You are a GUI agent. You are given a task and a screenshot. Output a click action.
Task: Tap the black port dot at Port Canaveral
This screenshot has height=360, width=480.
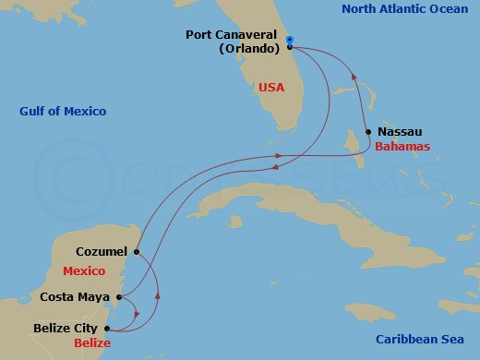[289, 46]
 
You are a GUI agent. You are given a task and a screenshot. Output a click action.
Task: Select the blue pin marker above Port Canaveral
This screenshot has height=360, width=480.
[289, 39]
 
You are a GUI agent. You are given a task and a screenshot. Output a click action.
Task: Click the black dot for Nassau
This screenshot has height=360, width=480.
[368, 132]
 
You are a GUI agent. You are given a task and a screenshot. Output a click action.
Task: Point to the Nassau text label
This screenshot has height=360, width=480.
[401, 132]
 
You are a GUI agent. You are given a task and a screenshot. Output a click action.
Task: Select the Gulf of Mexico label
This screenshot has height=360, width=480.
[63, 112]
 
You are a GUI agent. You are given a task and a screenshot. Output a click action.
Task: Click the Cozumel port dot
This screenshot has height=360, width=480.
[136, 251]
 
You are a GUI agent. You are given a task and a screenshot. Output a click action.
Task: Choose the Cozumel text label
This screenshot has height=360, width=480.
[101, 250]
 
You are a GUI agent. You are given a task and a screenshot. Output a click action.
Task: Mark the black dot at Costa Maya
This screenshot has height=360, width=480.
[118, 297]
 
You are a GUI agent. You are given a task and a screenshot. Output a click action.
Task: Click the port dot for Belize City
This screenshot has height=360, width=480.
[110, 329]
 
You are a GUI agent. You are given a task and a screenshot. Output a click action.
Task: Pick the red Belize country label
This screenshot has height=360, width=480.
[91, 342]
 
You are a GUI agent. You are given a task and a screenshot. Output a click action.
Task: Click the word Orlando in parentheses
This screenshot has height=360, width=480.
[246, 49]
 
